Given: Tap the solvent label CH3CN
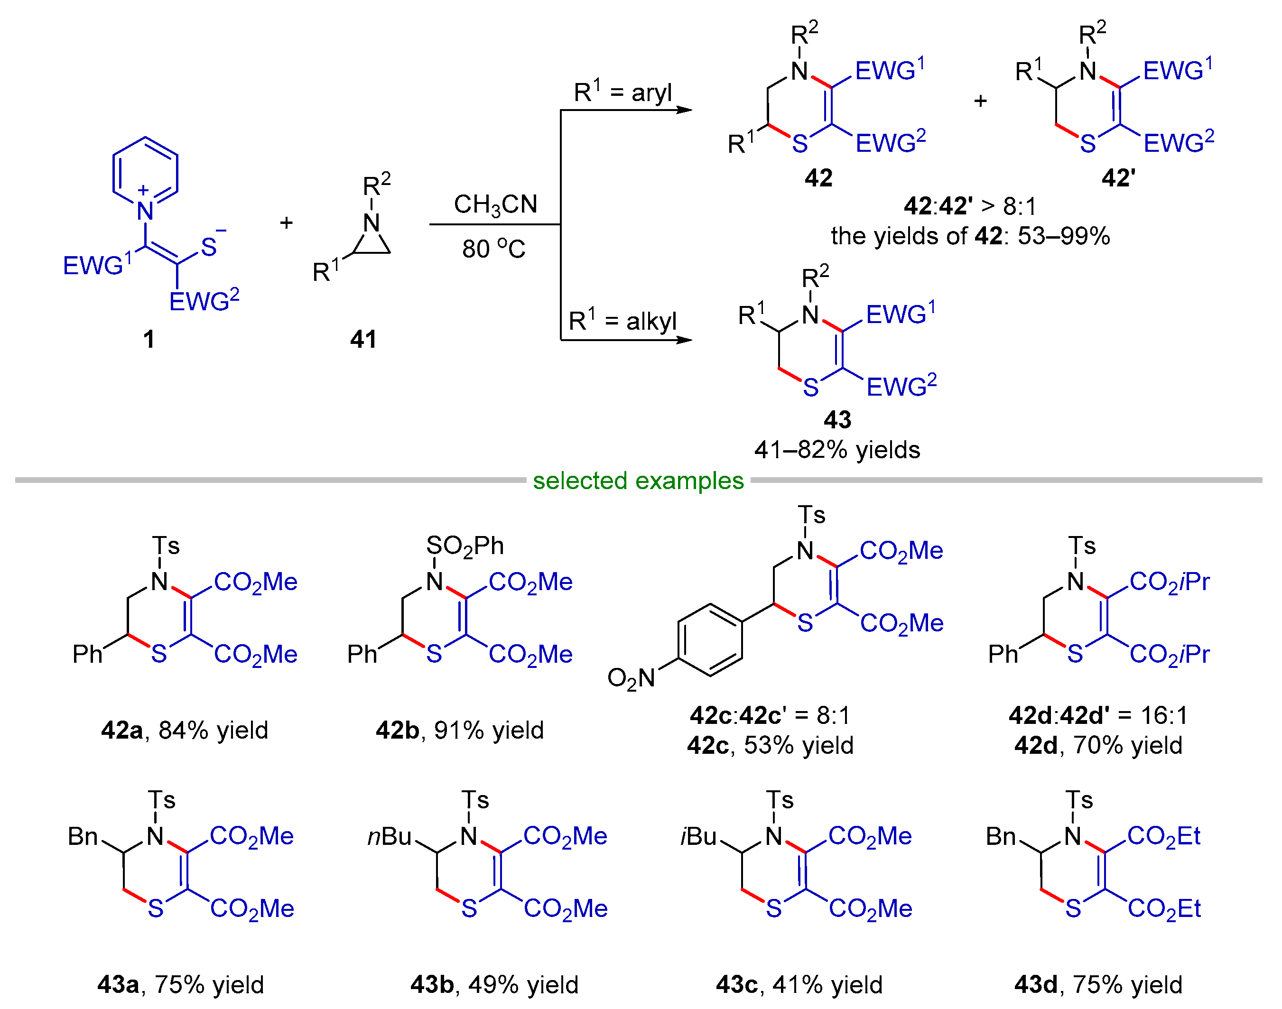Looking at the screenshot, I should click(495, 205).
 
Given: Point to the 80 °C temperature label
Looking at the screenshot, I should click(493, 249).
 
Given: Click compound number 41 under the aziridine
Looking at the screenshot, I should click(363, 339).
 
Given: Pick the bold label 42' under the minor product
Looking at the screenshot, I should click(1118, 178).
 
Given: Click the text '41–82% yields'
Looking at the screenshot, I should click(836, 450).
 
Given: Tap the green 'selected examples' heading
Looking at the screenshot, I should click(638, 481).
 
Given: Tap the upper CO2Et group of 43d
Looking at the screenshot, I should click(1163, 836).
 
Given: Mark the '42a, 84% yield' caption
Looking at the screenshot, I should click(184, 731).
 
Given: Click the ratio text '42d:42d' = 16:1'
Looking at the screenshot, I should click(1098, 715).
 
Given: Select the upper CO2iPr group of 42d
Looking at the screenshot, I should click(1169, 582).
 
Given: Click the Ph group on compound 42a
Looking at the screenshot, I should click(87, 654).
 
